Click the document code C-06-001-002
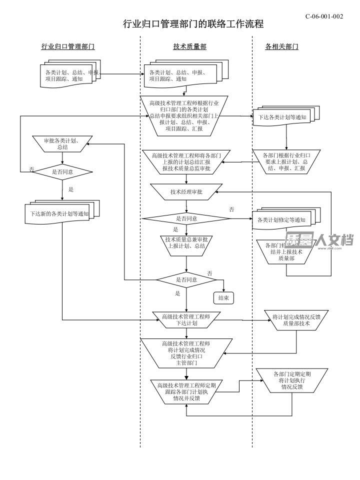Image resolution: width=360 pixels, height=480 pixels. click(324, 16)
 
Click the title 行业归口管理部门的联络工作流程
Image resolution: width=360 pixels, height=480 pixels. click(193, 24)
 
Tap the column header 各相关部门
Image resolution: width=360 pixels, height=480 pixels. click(281, 46)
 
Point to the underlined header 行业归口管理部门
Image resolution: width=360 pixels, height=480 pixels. click(68, 46)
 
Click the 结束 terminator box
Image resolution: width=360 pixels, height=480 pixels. click(223, 298)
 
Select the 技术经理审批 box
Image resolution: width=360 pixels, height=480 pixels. click(186, 191)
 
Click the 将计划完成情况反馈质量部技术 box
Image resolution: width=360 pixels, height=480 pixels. click(291, 320)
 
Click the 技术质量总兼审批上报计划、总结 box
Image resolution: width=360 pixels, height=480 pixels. click(186, 242)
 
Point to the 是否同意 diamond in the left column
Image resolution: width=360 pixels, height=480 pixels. click(62, 171)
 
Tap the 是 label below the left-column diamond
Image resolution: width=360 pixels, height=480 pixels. click(71, 189)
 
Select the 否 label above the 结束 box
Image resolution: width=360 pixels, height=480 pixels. click(210, 273)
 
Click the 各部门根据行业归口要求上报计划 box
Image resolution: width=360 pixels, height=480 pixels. click(285, 161)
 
